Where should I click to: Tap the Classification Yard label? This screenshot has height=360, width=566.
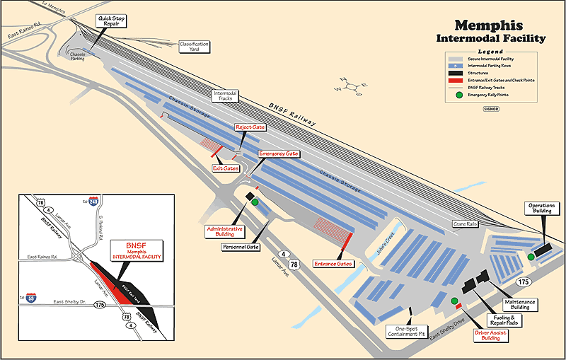[x=194, y=46]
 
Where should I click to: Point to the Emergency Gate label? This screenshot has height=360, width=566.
[x=279, y=153]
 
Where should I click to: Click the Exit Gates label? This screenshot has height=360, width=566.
[x=226, y=168]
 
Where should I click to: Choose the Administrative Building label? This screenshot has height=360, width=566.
[x=224, y=232]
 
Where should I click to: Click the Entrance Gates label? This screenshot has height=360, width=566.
[x=333, y=264]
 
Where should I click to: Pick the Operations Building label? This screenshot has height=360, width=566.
[x=543, y=207]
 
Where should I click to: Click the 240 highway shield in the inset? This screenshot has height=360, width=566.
[x=94, y=202]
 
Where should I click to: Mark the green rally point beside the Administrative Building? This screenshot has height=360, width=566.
[x=255, y=202]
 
